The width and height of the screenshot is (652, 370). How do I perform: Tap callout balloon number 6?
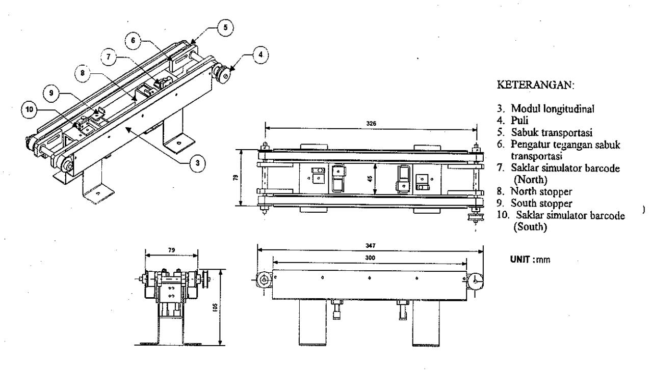point(133,40)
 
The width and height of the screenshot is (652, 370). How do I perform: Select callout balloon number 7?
point(108,56)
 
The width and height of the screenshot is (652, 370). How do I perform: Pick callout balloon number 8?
point(83,73)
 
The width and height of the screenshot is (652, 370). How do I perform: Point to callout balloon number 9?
point(51,93)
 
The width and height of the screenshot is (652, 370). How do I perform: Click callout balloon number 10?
point(30,110)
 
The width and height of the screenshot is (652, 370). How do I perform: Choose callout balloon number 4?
point(260,54)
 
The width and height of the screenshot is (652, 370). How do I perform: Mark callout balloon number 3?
point(197,163)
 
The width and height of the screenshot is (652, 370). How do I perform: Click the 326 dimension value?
point(371,124)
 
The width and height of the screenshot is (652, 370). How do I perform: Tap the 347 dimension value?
point(370,246)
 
